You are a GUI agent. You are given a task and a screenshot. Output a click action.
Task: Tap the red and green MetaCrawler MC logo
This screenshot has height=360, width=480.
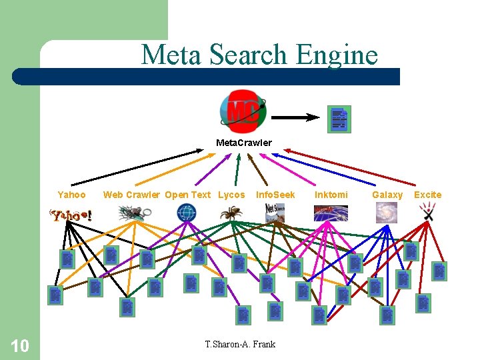(x=243, y=111)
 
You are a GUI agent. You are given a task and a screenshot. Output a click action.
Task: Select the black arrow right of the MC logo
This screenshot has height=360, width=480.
(x=296, y=117)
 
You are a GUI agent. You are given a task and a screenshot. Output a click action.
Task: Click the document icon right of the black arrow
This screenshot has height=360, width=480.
(x=339, y=119)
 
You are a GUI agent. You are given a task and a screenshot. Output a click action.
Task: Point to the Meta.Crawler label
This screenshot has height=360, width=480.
(x=243, y=143)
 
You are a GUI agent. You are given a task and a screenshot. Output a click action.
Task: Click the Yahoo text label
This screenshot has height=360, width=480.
(x=71, y=195)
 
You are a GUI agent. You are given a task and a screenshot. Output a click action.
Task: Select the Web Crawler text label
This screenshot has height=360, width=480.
(x=131, y=195)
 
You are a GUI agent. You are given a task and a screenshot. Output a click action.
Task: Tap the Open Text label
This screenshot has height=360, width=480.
(x=187, y=195)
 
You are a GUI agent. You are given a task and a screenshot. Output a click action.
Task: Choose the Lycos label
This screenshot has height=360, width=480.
(x=231, y=195)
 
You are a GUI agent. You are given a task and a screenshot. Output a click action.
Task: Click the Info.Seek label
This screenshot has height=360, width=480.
(x=275, y=195)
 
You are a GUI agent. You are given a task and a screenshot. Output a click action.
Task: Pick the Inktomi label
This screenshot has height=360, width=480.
(x=331, y=195)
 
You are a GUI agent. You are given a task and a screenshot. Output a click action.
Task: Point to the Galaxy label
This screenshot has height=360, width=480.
(x=387, y=195)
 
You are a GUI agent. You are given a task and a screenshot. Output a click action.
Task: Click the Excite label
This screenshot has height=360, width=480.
(x=428, y=195)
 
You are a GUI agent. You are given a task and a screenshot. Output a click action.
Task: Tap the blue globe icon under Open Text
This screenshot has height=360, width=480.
(x=187, y=213)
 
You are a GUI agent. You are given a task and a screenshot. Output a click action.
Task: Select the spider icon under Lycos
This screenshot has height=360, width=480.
(x=232, y=213)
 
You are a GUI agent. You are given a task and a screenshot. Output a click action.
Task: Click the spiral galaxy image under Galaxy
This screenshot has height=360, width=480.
(x=387, y=213)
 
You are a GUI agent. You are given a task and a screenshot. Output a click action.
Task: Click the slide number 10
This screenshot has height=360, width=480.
(x=20, y=345)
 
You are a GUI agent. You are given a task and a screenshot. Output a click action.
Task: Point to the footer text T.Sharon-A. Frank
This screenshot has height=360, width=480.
(x=240, y=344)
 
